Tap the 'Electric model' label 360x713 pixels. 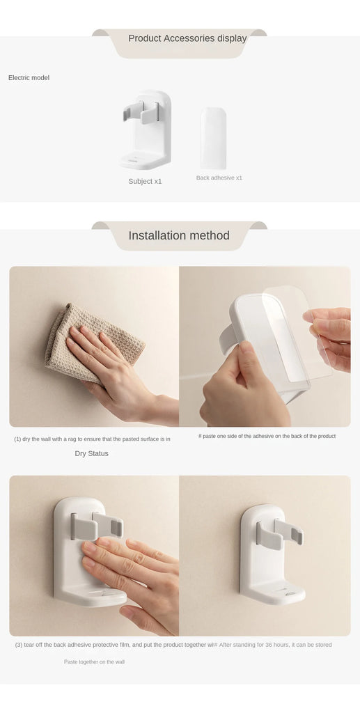[29, 77]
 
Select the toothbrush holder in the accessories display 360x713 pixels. [145, 130]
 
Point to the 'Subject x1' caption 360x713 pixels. [145, 181]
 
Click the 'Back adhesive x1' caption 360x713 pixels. [219, 178]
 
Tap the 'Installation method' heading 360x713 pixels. [179, 235]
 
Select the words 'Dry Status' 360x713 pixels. [91, 453]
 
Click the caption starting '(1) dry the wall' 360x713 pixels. [92, 439]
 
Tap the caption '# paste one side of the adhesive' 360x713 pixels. [267, 436]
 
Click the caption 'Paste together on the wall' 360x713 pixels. [94, 661]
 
